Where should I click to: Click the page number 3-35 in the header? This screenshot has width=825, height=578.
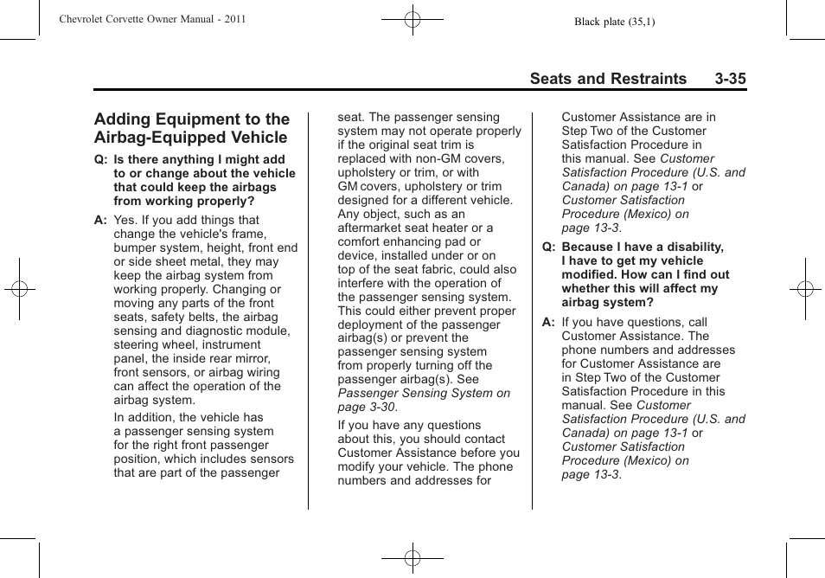coord(730,79)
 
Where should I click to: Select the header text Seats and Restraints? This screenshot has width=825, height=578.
coord(608,79)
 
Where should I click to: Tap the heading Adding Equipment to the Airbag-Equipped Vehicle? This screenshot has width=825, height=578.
coord(192,128)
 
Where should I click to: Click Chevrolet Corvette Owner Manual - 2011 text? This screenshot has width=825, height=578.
coord(152,19)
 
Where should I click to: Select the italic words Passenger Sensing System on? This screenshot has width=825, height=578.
coord(424,393)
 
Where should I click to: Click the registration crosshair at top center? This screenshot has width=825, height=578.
coord(412,18)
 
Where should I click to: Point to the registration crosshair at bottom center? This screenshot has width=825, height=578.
coord(412,558)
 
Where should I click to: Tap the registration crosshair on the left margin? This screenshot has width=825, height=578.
coord(20,289)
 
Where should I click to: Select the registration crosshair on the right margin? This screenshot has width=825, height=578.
coord(804,289)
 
